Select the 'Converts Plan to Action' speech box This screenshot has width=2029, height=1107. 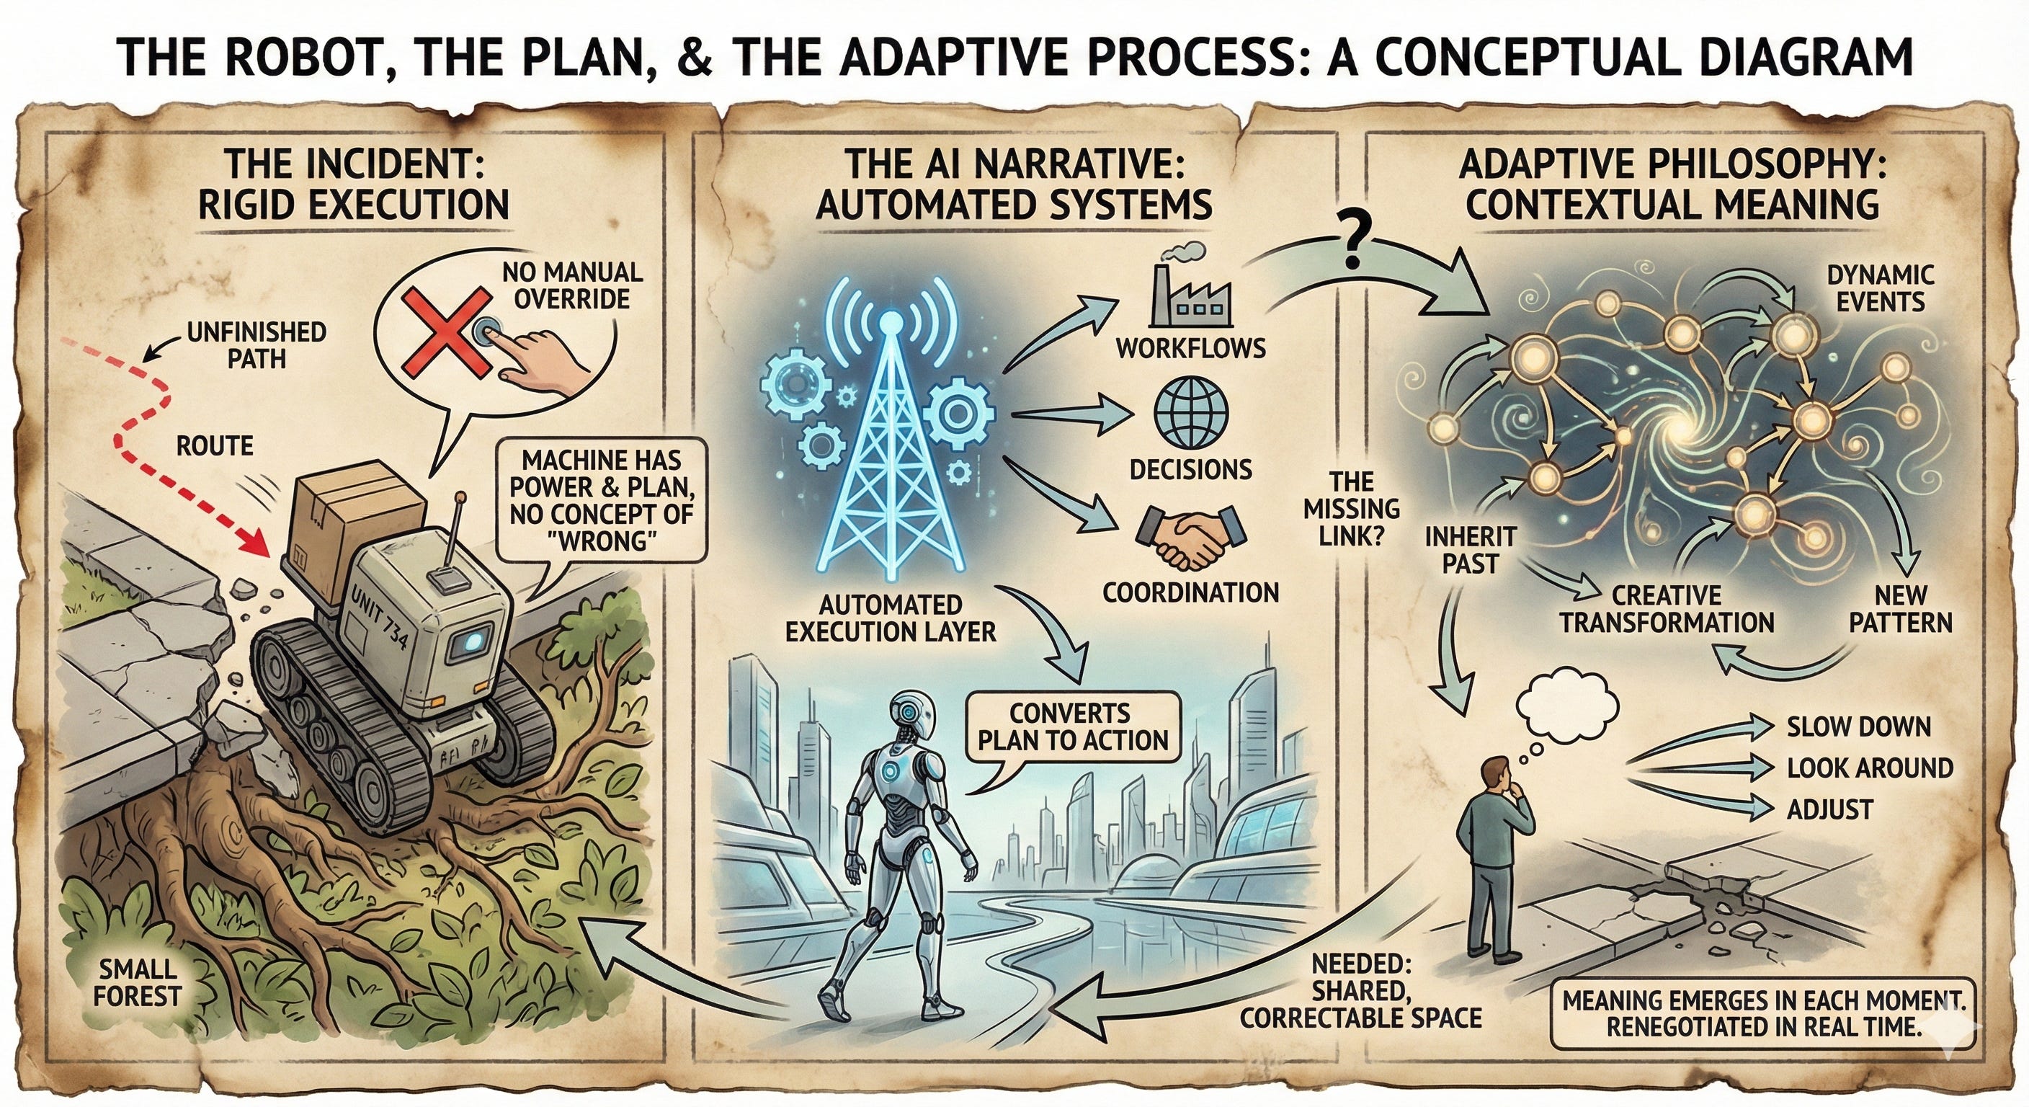click(x=1070, y=726)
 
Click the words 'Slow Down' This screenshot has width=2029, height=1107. click(x=1858, y=726)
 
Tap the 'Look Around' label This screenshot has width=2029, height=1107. click(x=1869, y=768)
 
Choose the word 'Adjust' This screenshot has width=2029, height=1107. click(x=1829, y=809)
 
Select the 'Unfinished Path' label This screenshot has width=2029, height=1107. click(x=256, y=345)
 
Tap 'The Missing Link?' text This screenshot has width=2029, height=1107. click(x=1352, y=509)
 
